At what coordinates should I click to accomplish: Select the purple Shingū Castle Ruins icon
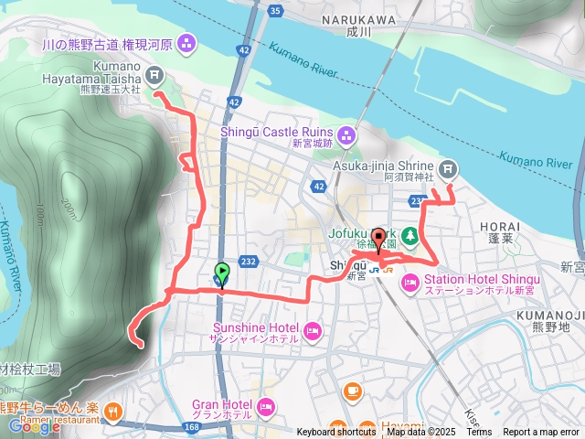(346, 137)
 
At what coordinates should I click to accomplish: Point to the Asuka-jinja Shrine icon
(447, 168)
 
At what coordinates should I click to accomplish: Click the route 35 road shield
(276, 11)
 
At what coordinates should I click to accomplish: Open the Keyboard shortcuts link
(337, 433)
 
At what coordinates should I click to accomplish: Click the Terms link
(480, 433)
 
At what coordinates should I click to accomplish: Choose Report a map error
(541, 433)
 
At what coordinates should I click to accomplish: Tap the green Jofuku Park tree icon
(410, 235)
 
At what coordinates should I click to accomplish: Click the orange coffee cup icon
(352, 391)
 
